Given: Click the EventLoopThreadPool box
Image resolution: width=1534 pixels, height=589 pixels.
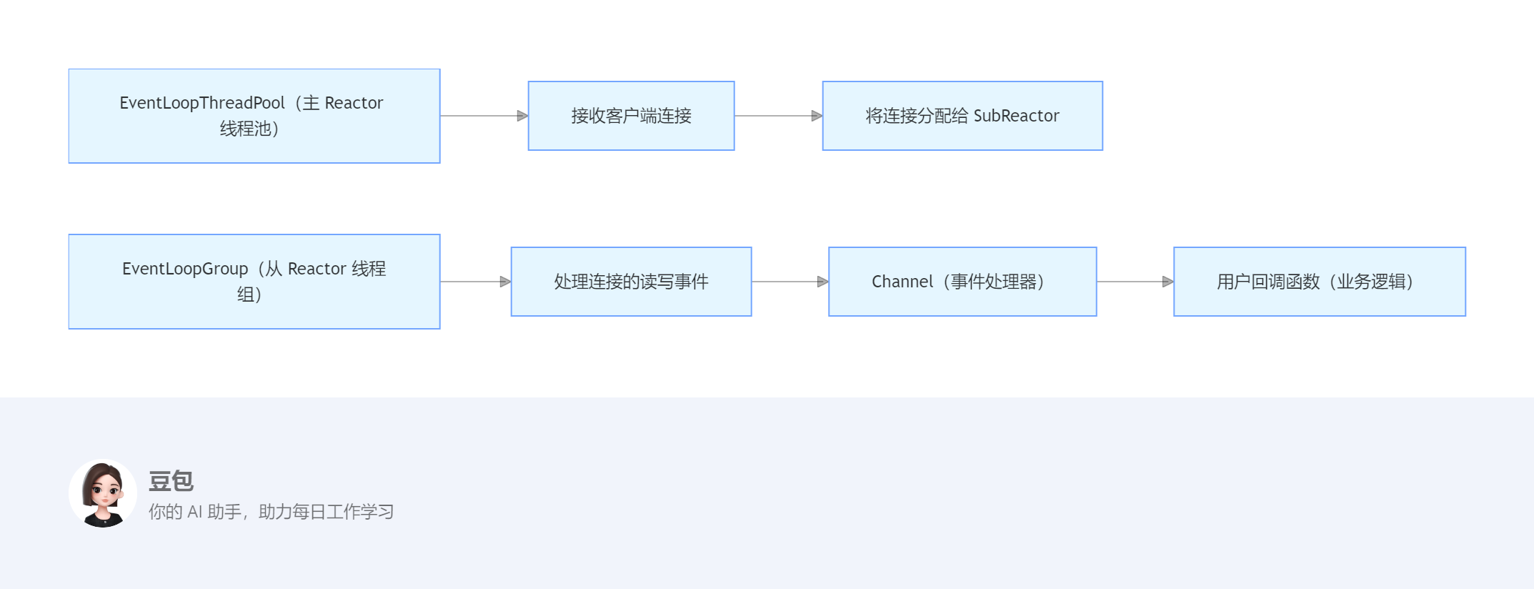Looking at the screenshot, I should [x=254, y=116].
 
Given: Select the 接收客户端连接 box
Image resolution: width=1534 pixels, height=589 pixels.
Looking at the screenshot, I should [x=631, y=116].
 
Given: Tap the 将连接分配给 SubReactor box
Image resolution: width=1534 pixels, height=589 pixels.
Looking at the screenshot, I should [x=962, y=116].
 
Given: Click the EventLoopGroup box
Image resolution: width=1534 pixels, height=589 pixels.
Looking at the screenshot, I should [x=254, y=282].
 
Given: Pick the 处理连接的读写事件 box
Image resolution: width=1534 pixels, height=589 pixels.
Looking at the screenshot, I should [x=631, y=282].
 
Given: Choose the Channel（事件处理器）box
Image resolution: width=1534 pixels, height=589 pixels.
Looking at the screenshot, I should [x=962, y=282].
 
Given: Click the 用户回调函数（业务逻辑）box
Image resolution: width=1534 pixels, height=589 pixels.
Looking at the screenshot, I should [x=1319, y=282].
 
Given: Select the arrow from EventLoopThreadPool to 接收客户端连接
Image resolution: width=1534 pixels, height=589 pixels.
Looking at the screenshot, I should [x=484, y=116].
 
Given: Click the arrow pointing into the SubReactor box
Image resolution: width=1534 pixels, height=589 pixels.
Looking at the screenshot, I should [x=778, y=116].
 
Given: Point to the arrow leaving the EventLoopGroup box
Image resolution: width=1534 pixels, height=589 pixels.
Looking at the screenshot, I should [x=475, y=282].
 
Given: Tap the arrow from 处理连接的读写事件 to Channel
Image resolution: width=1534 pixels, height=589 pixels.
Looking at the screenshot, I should [x=790, y=282].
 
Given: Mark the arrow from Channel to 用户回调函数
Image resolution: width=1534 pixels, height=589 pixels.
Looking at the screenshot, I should [x=1135, y=282].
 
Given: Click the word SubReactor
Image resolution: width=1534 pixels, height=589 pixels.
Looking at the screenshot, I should [x=1016, y=116].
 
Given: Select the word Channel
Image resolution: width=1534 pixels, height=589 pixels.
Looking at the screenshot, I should [x=902, y=282].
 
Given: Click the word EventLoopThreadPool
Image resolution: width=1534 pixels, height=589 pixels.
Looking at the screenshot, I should [x=201, y=103].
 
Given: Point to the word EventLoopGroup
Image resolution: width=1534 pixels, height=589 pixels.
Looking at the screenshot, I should [x=184, y=269].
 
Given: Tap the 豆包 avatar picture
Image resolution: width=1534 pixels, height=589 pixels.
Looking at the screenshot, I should [x=103, y=493].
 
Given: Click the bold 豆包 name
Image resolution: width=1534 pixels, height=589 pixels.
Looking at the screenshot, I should [x=171, y=481].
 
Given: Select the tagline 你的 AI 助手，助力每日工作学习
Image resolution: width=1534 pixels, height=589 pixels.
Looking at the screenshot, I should [x=271, y=512].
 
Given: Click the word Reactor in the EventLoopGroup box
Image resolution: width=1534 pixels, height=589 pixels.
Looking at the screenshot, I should [x=317, y=269].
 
